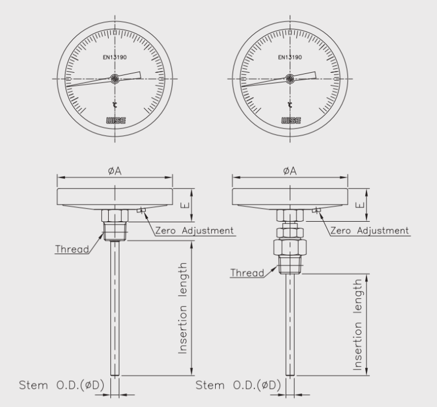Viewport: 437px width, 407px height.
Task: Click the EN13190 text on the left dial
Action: click(x=114, y=57)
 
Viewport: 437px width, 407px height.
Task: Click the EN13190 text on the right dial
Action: click(x=290, y=57)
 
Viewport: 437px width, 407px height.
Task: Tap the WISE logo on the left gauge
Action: click(x=114, y=120)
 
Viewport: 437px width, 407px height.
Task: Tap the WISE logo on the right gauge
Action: click(x=290, y=120)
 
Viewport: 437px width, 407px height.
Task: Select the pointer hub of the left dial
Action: click(x=114, y=80)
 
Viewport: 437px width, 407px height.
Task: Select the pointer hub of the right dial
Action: click(x=290, y=80)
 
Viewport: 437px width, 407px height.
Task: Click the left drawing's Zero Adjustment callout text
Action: click(x=194, y=230)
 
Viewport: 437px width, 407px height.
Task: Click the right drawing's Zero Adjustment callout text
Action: click(x=369, y=230)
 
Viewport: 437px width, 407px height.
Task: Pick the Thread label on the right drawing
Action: click(x=246, y=273)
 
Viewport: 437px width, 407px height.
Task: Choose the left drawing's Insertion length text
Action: click(x=183, y=308)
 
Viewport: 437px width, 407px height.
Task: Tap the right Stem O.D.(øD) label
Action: click(x=238, y=385)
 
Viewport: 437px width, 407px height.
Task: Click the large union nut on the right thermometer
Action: click(x=290, y=248)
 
